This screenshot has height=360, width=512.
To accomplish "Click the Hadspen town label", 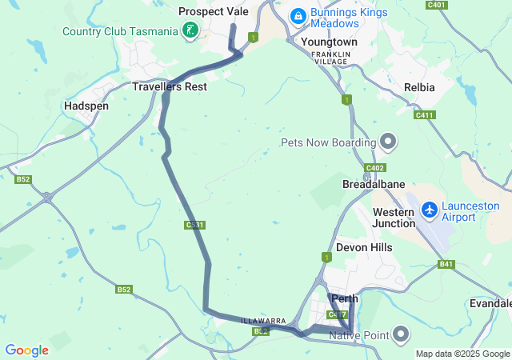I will point(86,106).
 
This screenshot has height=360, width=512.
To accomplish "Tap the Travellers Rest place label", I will point(170,86).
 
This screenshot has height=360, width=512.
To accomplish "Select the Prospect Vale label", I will point(214,11).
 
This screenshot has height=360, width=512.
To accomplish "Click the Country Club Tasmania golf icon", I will point(190,31).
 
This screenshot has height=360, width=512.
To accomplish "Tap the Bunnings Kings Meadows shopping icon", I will point(298,15).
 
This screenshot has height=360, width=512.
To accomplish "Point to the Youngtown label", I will point(329,41).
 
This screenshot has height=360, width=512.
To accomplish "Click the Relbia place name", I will point(420,86).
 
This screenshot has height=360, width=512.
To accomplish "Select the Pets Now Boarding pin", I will point(388,142).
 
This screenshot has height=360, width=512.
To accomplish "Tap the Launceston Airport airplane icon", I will point(430,209).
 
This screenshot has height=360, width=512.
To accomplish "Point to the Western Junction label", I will point(394,218).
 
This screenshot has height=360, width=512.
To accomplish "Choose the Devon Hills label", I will point(364,247).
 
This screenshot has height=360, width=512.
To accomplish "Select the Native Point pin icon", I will point(401,334).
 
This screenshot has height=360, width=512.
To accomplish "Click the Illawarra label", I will point(263,321).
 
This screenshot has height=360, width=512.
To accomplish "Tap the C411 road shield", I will point(424,115).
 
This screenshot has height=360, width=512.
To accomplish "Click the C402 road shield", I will point(374,167).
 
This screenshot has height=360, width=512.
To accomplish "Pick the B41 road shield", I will point(446,264).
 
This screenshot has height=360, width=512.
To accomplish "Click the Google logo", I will point(26,350).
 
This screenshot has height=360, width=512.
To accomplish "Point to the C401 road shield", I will point(436,5).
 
